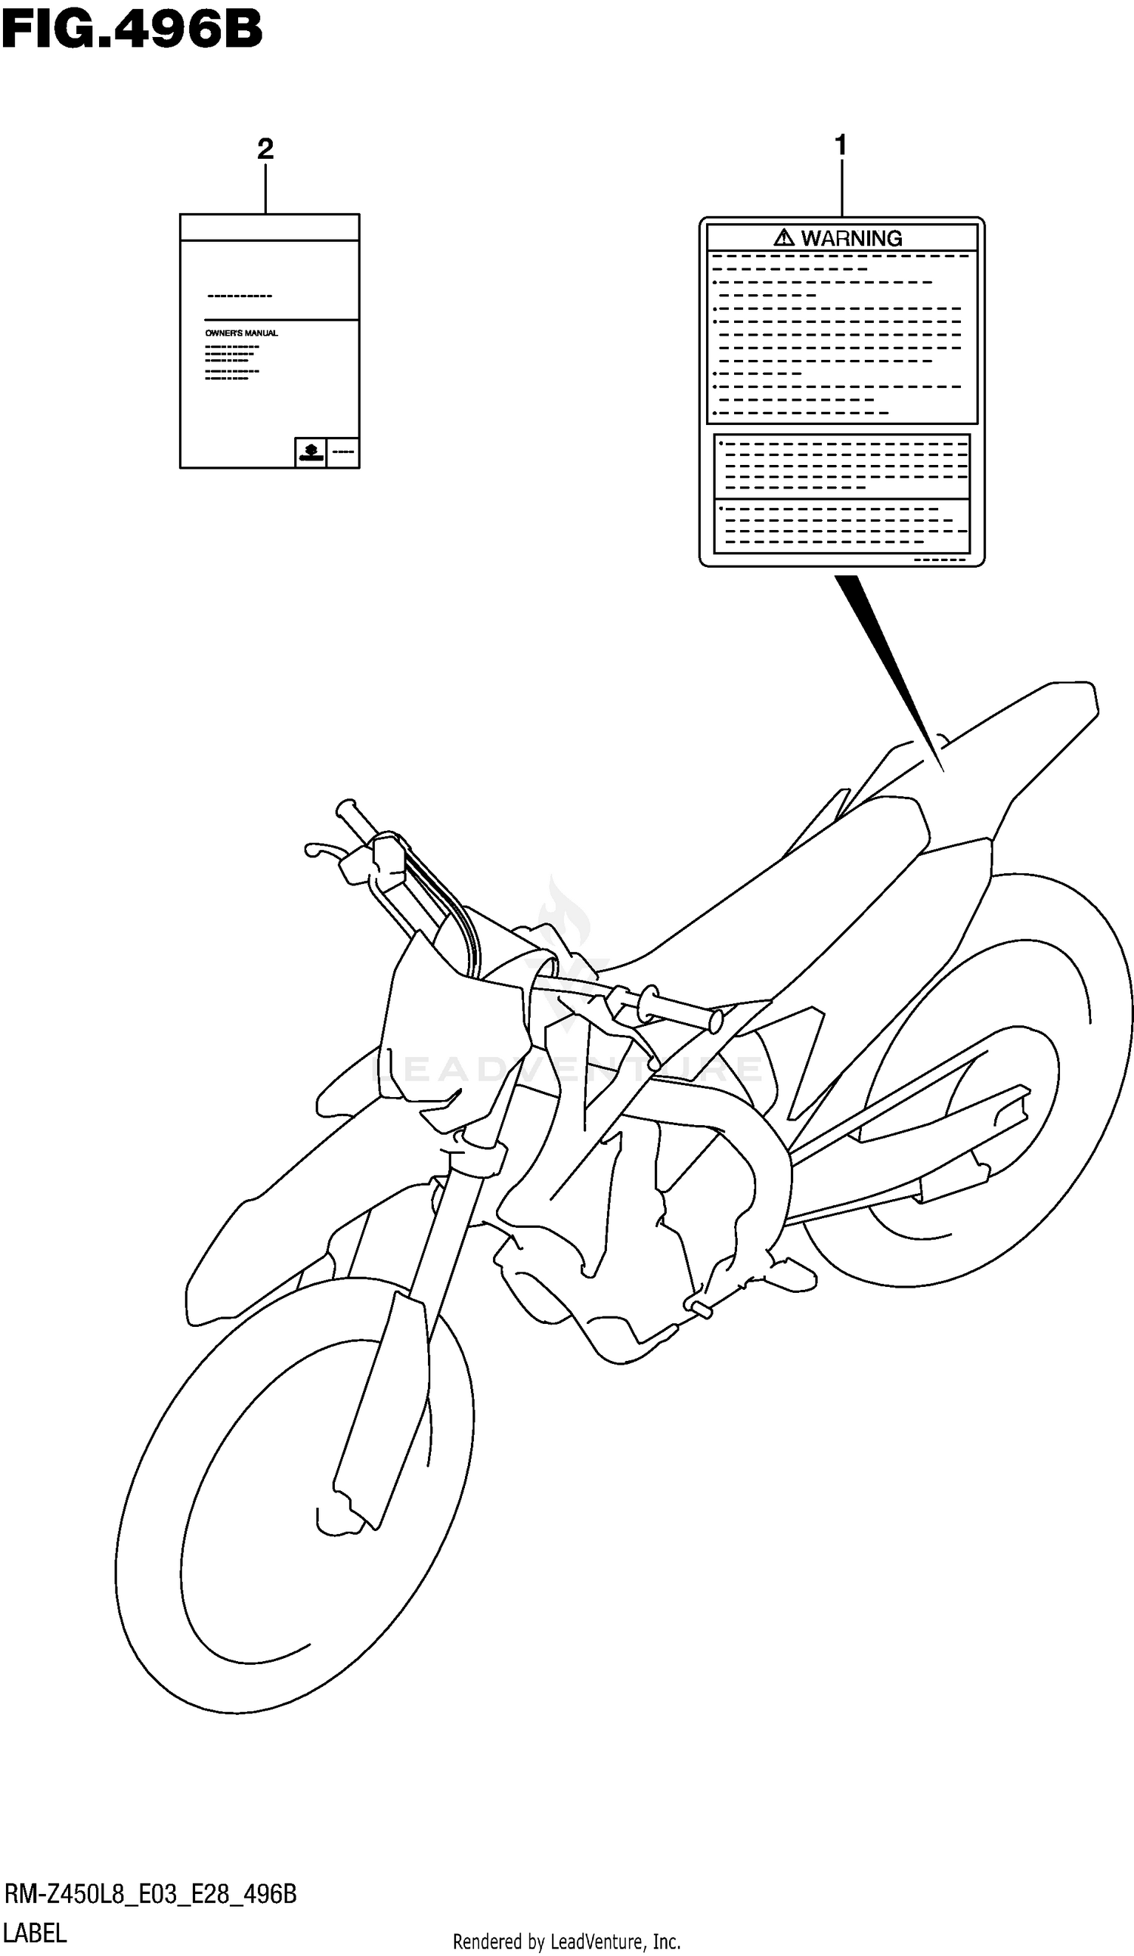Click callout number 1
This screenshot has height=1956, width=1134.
click(x=840, y=145)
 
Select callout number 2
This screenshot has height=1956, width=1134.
click(x=265, y=149)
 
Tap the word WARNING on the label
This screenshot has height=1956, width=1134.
click(x=851, y=238)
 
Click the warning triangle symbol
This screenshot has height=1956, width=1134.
click(x=784, y=237)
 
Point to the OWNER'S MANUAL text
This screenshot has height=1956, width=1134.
click(x=241, y=333)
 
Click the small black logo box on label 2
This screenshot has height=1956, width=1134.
click(x=311, y=451)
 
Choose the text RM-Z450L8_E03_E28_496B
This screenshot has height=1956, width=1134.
click(x=150, y=1895)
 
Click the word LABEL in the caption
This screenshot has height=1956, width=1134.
click(x=35, y=1933)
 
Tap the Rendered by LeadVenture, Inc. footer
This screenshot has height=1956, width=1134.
click(x=566, y=1941)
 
